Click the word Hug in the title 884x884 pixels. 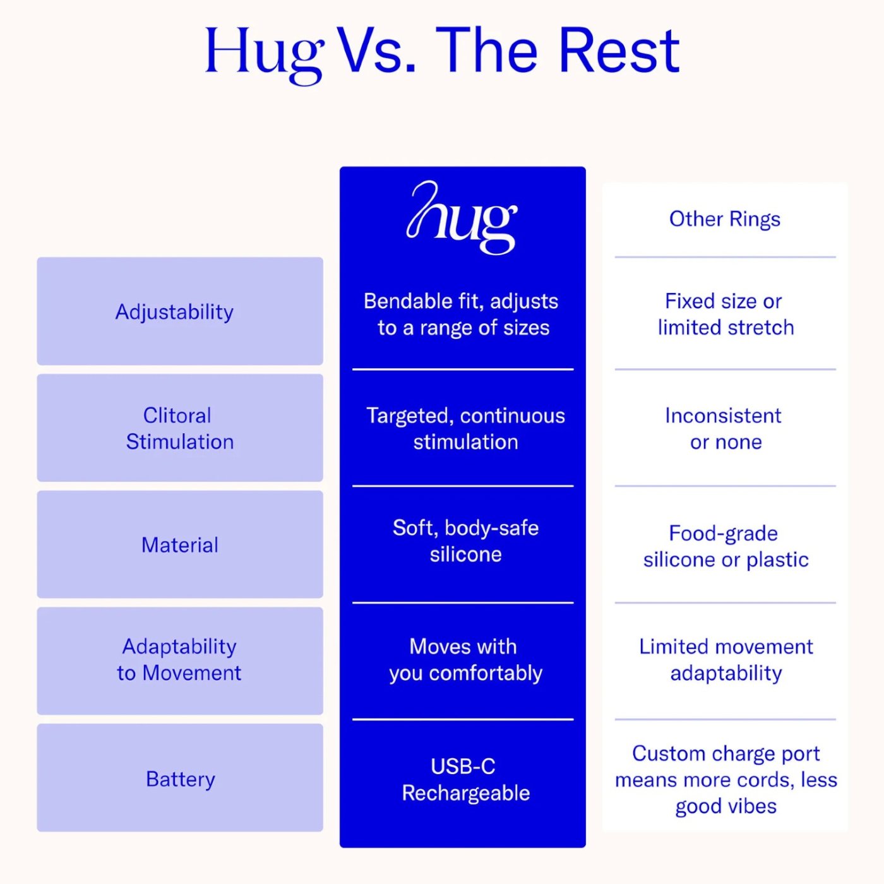point(265,55)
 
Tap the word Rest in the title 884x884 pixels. point(619,51)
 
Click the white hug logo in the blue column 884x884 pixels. point(462,217)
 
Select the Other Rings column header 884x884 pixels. point(725,219)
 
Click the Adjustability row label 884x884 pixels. point(174,313)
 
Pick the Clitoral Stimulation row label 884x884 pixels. point(180,429)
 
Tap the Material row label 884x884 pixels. point(180,545)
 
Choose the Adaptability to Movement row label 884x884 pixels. point(179,660)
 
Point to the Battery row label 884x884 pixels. point(181,779)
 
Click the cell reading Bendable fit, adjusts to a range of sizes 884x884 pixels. point(462,314)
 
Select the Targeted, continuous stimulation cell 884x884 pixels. point(465,429)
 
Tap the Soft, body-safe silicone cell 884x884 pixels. point(465,541)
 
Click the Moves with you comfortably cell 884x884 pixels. point(465,660)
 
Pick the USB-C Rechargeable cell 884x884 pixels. point(465,779)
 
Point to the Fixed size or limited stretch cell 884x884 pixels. point(726,314)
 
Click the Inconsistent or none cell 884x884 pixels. point(724,429)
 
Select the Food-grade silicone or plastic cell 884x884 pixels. point(726,546)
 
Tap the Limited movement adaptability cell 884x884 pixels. point(726,660)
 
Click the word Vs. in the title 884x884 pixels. point(378,51)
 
